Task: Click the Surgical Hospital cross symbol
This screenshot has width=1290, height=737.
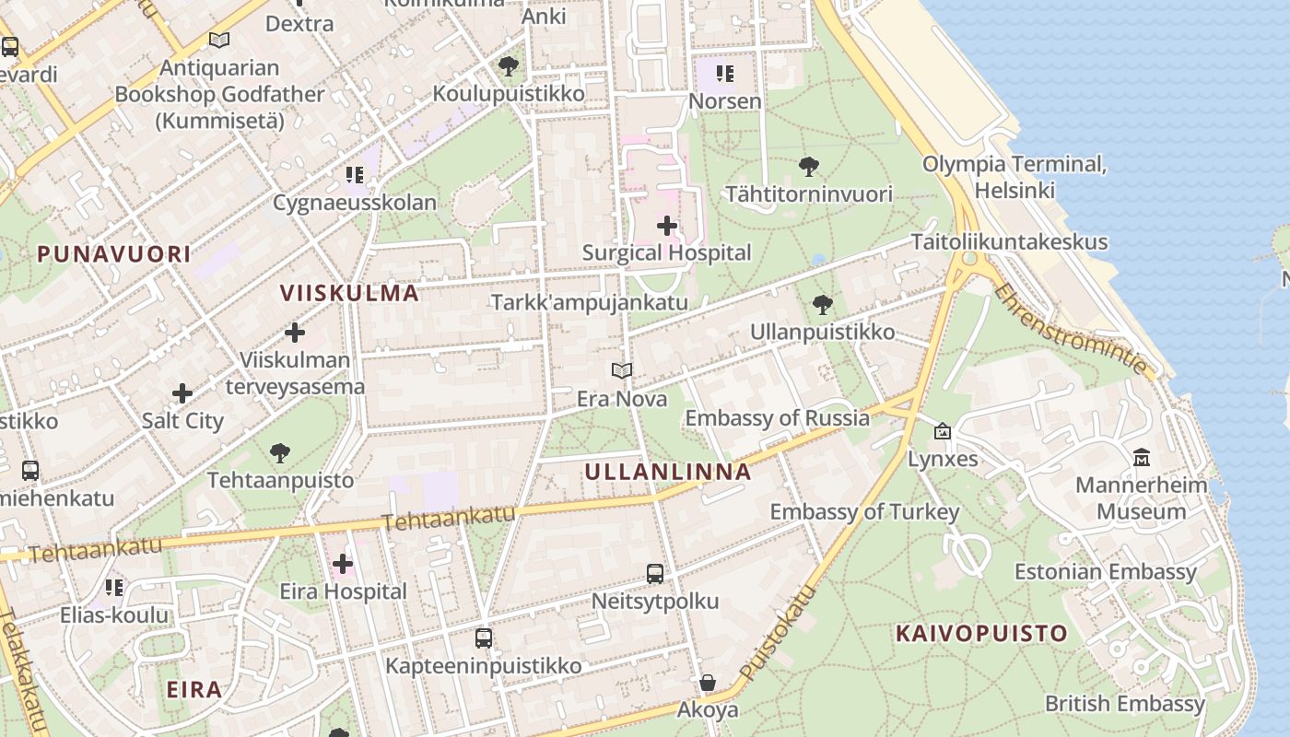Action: [x=667, y=225]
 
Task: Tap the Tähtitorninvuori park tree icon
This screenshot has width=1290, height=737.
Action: [x=809, y=167]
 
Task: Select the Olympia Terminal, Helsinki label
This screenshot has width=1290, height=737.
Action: [x=1014, y=177]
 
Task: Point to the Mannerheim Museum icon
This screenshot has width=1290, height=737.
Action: [x=1142, y=457]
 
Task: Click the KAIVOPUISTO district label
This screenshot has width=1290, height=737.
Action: [x=981, y=634]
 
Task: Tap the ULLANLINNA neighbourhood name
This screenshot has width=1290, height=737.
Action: [x=668, y=473]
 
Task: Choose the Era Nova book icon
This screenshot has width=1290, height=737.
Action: [x=622, y=371]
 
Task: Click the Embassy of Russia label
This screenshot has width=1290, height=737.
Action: [x=777, y=417]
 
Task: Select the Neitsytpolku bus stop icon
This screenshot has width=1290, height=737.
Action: [x=655, y=574]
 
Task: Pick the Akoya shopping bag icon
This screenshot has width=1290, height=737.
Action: [x=708, y=683]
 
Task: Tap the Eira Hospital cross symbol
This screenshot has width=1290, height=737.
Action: [x=343, y=563]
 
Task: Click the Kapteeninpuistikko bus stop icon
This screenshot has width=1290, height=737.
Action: [x=484, y=638]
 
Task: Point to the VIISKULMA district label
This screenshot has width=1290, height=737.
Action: [x=349, y=293]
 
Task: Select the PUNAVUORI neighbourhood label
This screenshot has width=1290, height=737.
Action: [x=113, y=254]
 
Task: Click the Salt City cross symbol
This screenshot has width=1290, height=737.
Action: [x=182, y=393]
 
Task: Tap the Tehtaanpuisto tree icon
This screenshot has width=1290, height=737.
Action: [x=280, y=452]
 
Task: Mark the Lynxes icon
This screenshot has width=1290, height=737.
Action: [x=943, y=430]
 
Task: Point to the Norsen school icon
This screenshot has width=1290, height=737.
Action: [x=725, y=73]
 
